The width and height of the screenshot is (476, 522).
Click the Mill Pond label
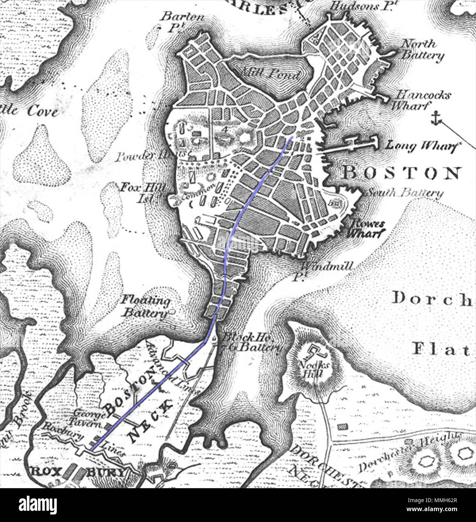point(270,73)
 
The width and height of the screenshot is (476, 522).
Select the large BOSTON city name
point(402,173)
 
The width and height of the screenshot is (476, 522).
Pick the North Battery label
point(422,50)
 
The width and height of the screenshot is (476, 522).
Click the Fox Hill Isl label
point(142,192)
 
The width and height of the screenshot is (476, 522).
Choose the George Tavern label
point(90,419)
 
